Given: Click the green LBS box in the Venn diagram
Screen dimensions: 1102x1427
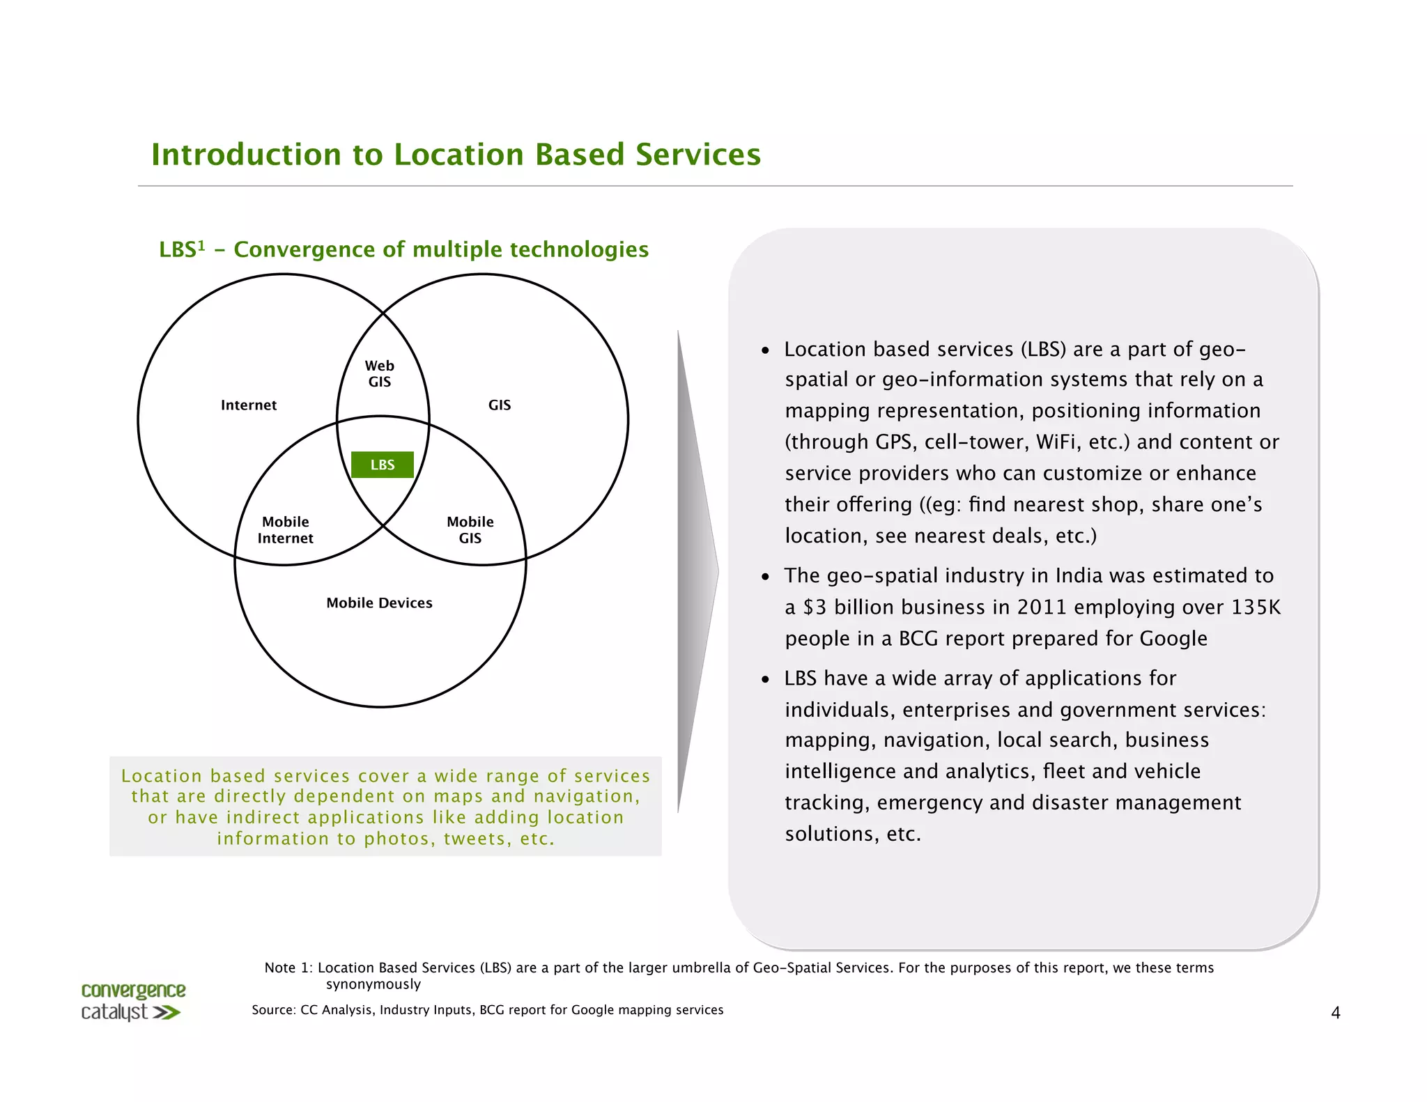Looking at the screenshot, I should [382, 465].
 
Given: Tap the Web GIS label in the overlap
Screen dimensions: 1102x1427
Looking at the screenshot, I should [380, 373].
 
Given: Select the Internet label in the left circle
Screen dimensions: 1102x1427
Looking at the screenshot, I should [249, 405].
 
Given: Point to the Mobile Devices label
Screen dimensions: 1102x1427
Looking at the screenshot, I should [379, 603].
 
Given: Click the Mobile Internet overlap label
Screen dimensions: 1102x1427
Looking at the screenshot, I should [286, 529].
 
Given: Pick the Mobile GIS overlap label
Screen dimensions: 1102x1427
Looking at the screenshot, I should [470, 529].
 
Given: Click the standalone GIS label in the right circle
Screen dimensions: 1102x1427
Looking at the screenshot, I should [500, 405].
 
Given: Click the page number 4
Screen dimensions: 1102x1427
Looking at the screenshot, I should [1335, 1013].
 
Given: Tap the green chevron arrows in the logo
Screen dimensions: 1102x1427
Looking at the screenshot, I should [167, 1012].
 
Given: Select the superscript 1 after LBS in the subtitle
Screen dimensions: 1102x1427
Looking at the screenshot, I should [201, 245].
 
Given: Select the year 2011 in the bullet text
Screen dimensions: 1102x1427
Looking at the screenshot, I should [1042, 607].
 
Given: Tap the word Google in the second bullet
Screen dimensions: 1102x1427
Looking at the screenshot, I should [1173, 638].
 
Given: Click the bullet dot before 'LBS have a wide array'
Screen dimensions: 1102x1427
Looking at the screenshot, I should [765, 679].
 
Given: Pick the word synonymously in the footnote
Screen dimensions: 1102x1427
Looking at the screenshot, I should [373, 984].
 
